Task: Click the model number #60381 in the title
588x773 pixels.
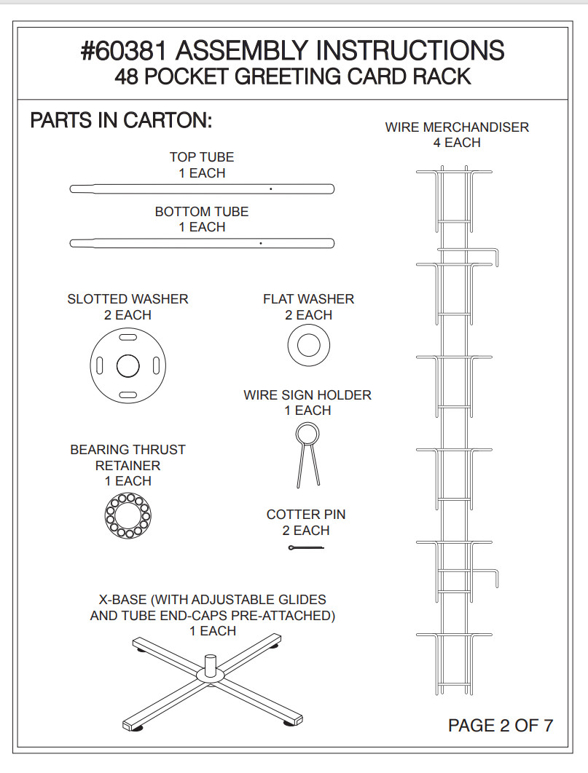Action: pos(125,51)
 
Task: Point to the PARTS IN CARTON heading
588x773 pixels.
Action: pos(122,120)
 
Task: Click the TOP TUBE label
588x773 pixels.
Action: pos(202,156)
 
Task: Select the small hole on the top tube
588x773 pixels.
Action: pos(271,189)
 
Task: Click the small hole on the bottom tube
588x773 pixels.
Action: pos(260,243)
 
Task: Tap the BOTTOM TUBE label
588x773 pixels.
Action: pos(202,212)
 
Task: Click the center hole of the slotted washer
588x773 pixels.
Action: pos(128,366)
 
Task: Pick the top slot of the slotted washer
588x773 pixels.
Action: pos(128,337)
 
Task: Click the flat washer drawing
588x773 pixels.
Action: pos(309,345)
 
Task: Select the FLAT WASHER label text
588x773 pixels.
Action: pos(309,298)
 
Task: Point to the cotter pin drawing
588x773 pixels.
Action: pos(306,547)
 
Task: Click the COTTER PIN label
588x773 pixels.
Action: pos(306,514)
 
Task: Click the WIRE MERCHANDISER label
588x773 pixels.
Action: pos(457,127)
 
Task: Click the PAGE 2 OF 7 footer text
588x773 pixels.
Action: pos(501,725)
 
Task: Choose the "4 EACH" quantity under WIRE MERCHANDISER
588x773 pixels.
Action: pos(457,143)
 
